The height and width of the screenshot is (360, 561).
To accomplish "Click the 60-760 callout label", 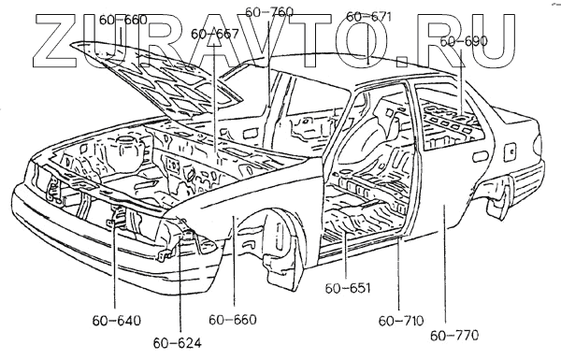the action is pos(269,12).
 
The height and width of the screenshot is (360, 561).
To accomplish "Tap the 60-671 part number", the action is pos(369,17).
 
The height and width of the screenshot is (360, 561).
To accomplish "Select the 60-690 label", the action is pos(464,41).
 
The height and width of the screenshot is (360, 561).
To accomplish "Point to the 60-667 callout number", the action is pos(215,34).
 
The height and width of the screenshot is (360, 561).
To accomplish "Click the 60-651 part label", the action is pos(348,288).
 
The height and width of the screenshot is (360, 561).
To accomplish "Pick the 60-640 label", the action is pos(117,321).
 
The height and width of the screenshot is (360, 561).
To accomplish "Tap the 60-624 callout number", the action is pos(178,343).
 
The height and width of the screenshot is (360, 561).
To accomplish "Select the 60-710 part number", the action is pos(401,321).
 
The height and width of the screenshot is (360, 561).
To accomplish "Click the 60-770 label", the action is pos(454,336).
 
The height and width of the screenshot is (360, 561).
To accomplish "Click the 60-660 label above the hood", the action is pos(123,20).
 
